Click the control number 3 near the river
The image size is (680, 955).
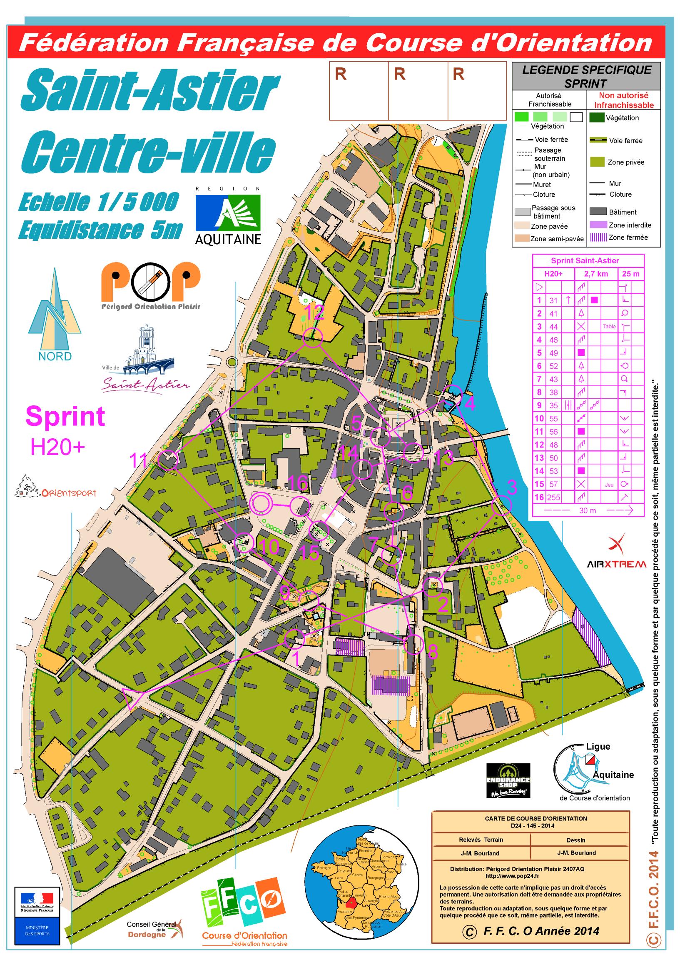(x=512, y=487)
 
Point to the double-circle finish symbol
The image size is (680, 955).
(x=261, y=504)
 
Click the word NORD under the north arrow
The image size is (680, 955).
(x=55, y=356)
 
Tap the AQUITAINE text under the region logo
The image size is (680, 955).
(x=228, y=240)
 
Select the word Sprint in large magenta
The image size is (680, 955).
(x=65, y=416)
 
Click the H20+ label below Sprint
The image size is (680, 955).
(x=57, y=447)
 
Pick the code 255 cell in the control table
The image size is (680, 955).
(x=553, y=497)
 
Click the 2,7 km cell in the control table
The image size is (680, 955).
(x=595, y=274)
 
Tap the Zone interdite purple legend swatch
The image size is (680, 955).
(x=598, y=225)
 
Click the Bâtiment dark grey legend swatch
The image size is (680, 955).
(x=598, y=212)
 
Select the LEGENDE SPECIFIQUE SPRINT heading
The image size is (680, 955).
(x=586, y=76)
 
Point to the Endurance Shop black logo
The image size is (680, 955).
(x=508, y=780)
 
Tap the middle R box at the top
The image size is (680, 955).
(x=418, y=91)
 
